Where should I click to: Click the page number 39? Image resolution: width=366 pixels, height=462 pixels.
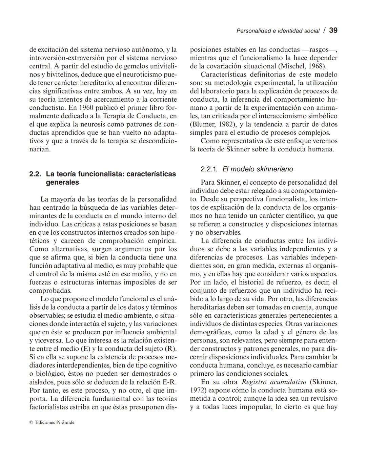(333, 30)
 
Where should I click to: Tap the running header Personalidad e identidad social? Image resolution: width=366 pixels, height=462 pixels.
(278, 31)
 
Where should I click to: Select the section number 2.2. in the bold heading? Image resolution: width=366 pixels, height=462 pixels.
(35, 174)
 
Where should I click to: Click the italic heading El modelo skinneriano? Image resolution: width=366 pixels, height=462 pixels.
(258, 169)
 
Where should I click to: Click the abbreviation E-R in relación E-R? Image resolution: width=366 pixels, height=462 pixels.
(169, 382)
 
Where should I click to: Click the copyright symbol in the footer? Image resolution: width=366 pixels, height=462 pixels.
(31, 422)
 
